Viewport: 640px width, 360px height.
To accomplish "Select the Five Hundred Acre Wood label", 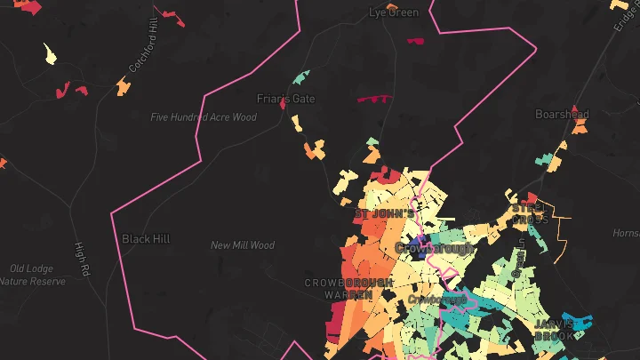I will pos(204,117).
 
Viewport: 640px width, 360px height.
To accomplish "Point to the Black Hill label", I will pos(146,239).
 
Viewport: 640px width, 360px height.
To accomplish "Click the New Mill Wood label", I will pos(243,245).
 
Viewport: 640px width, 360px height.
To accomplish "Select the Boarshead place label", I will pos(561,115).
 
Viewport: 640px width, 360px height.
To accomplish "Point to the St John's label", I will pos(384,214).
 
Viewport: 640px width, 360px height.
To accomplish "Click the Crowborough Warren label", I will pos(348,288).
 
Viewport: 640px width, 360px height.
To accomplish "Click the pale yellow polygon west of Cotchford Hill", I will pos(50,53).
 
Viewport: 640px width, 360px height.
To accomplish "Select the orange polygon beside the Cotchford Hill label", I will pos(123,86).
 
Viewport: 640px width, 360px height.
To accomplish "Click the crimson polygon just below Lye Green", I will pos(416,40).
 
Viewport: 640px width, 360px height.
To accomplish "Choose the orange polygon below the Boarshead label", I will pos(580,127).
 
